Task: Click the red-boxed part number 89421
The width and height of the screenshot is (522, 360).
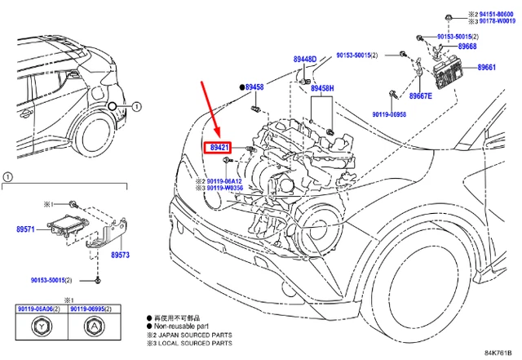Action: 216,148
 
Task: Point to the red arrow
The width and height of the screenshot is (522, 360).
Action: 210,109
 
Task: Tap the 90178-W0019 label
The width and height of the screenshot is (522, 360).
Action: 497,23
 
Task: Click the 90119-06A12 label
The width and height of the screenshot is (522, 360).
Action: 226,181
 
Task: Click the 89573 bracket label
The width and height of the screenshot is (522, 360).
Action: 121,256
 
